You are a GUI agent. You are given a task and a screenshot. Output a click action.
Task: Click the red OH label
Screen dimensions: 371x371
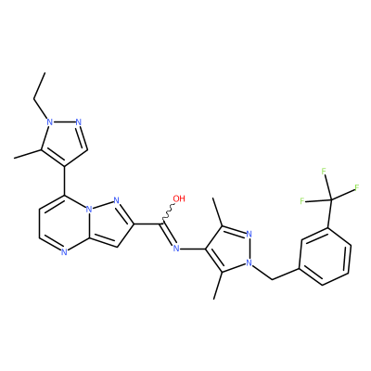click(179, 198)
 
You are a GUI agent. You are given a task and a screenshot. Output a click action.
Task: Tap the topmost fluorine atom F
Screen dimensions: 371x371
click(324, 171)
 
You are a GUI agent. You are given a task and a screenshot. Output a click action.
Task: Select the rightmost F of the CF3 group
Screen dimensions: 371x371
click(356, 187)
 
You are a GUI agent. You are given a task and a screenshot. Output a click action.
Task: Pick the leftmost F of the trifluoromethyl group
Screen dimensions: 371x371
click(302, 201)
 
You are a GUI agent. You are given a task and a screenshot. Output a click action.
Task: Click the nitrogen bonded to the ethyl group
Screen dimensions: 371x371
click(49, 122)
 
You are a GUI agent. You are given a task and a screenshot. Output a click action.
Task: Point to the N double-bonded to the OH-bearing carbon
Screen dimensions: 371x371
click(176, 248)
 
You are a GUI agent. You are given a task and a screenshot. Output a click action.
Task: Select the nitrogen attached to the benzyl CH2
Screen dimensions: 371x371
click(249, 262)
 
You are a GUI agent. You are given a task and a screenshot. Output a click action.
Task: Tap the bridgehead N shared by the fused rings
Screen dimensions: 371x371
click(89, 210)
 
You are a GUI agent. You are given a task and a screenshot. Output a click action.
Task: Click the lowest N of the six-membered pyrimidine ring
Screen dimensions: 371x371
click(64, 252)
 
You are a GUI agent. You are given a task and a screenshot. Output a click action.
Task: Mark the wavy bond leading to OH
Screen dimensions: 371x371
click(168, 213)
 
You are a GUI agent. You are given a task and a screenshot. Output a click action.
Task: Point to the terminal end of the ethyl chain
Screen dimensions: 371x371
click(45, 73)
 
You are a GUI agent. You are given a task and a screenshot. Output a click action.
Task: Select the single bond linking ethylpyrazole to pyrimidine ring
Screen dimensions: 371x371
click(65, 181)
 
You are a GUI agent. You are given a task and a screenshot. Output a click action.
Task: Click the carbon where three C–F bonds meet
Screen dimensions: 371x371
click(330, 200)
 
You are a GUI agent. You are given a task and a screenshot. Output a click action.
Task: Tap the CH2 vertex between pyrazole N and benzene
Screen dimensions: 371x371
click(272, 279)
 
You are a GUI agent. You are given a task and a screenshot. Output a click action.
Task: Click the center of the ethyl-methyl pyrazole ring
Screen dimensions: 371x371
click(63, 141)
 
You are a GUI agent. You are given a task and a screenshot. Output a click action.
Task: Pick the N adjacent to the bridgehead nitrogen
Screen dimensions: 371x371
click(116, 200)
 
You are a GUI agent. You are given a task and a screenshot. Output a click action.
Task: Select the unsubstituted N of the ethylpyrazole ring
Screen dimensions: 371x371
click(79, 122)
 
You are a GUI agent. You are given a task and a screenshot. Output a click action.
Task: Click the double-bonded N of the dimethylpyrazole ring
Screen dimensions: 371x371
click(249, 234)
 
